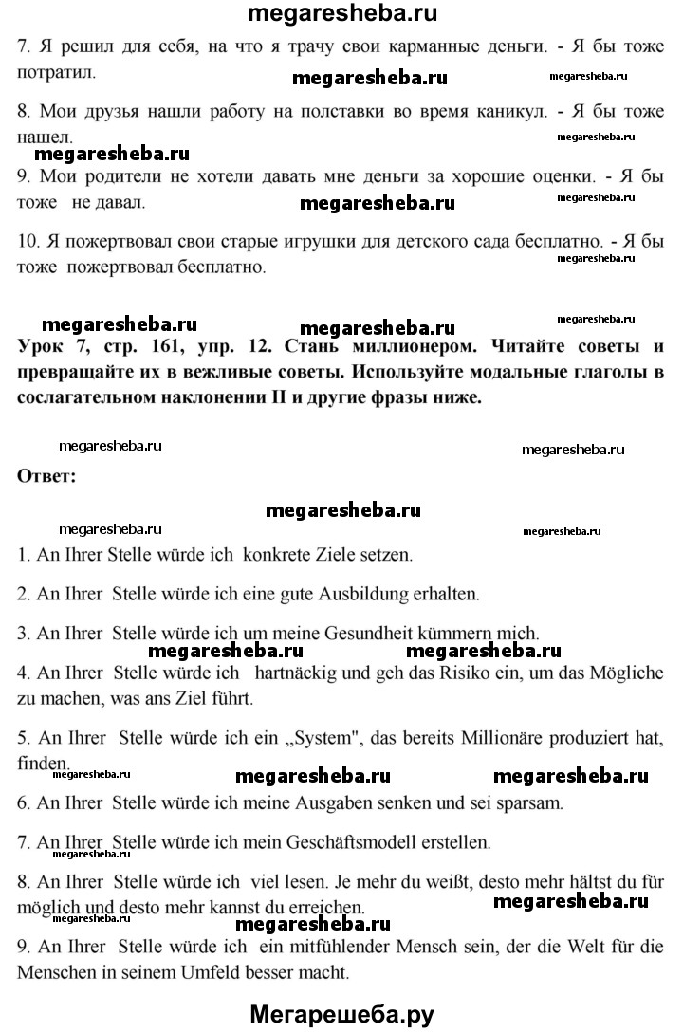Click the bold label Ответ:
click(x=46, y=476)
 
